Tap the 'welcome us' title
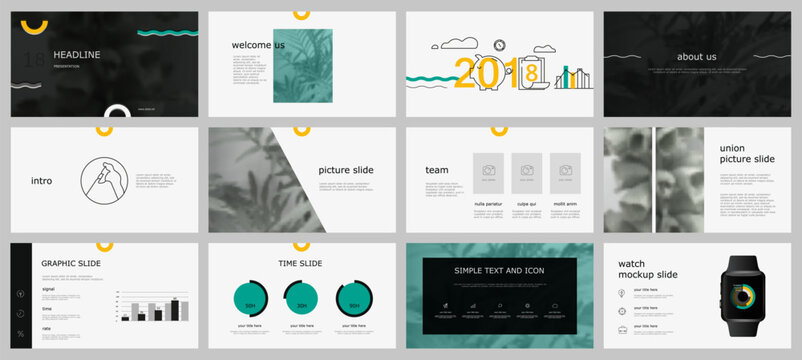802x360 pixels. (257, 45)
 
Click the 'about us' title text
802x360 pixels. (696, 57)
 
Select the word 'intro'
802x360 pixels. (42, 182)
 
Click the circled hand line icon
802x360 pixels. (108, 182)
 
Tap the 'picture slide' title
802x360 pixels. (346, 170)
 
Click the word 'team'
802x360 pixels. (437, 170)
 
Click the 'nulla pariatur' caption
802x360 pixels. (489, 203)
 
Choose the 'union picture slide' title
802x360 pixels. (746, 154)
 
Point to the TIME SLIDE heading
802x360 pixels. (300, 264)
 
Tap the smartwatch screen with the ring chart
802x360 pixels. (742, 300)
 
